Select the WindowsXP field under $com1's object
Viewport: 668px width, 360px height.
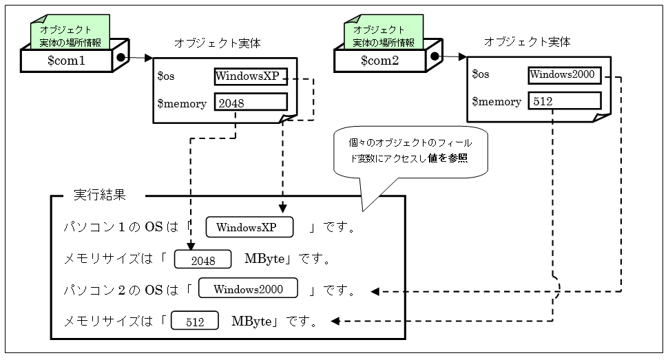point(250,76)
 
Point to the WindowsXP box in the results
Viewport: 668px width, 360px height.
point(250,227)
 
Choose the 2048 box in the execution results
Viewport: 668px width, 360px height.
point(203,260)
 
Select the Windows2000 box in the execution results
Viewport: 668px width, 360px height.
point(249,288)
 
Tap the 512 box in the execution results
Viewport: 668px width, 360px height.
point(194,321)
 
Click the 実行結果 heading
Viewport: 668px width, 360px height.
point(100,195)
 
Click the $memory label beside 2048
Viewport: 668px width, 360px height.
point(182,103)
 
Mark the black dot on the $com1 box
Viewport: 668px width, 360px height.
point(122,58)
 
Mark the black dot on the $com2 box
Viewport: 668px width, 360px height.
point(435,58)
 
